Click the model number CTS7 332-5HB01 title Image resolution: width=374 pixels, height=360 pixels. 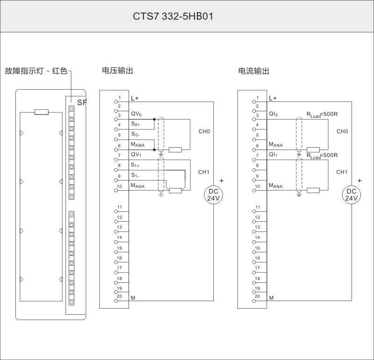tap(173, 16)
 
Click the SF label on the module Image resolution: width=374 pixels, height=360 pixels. tap(82, 102)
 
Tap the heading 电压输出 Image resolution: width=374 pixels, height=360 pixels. tap(117, 71)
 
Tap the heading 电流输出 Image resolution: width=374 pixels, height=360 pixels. tap(254, 71)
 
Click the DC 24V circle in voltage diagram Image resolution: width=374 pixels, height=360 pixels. tap(213, 194)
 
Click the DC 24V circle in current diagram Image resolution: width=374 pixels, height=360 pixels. tap(351, 194)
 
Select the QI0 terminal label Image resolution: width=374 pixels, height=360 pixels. tap(273, 114)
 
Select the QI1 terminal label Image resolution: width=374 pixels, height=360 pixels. tap(273, 155)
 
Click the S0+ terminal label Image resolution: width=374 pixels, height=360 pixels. tap(136, 124)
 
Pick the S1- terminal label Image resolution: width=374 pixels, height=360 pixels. tap(136, 176)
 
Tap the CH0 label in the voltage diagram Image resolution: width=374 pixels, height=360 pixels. tap(204, 131)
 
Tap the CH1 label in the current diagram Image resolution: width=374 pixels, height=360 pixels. tap(342, 172)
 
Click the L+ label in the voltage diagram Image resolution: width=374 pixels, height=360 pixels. tap(135, 98)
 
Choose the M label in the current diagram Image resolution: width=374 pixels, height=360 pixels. tap(271, 298)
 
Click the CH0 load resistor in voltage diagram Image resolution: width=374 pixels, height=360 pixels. tap(175, 150)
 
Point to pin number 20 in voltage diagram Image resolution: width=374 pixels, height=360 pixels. tap(119, 296)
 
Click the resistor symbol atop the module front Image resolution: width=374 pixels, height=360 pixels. tap(42, 112)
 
